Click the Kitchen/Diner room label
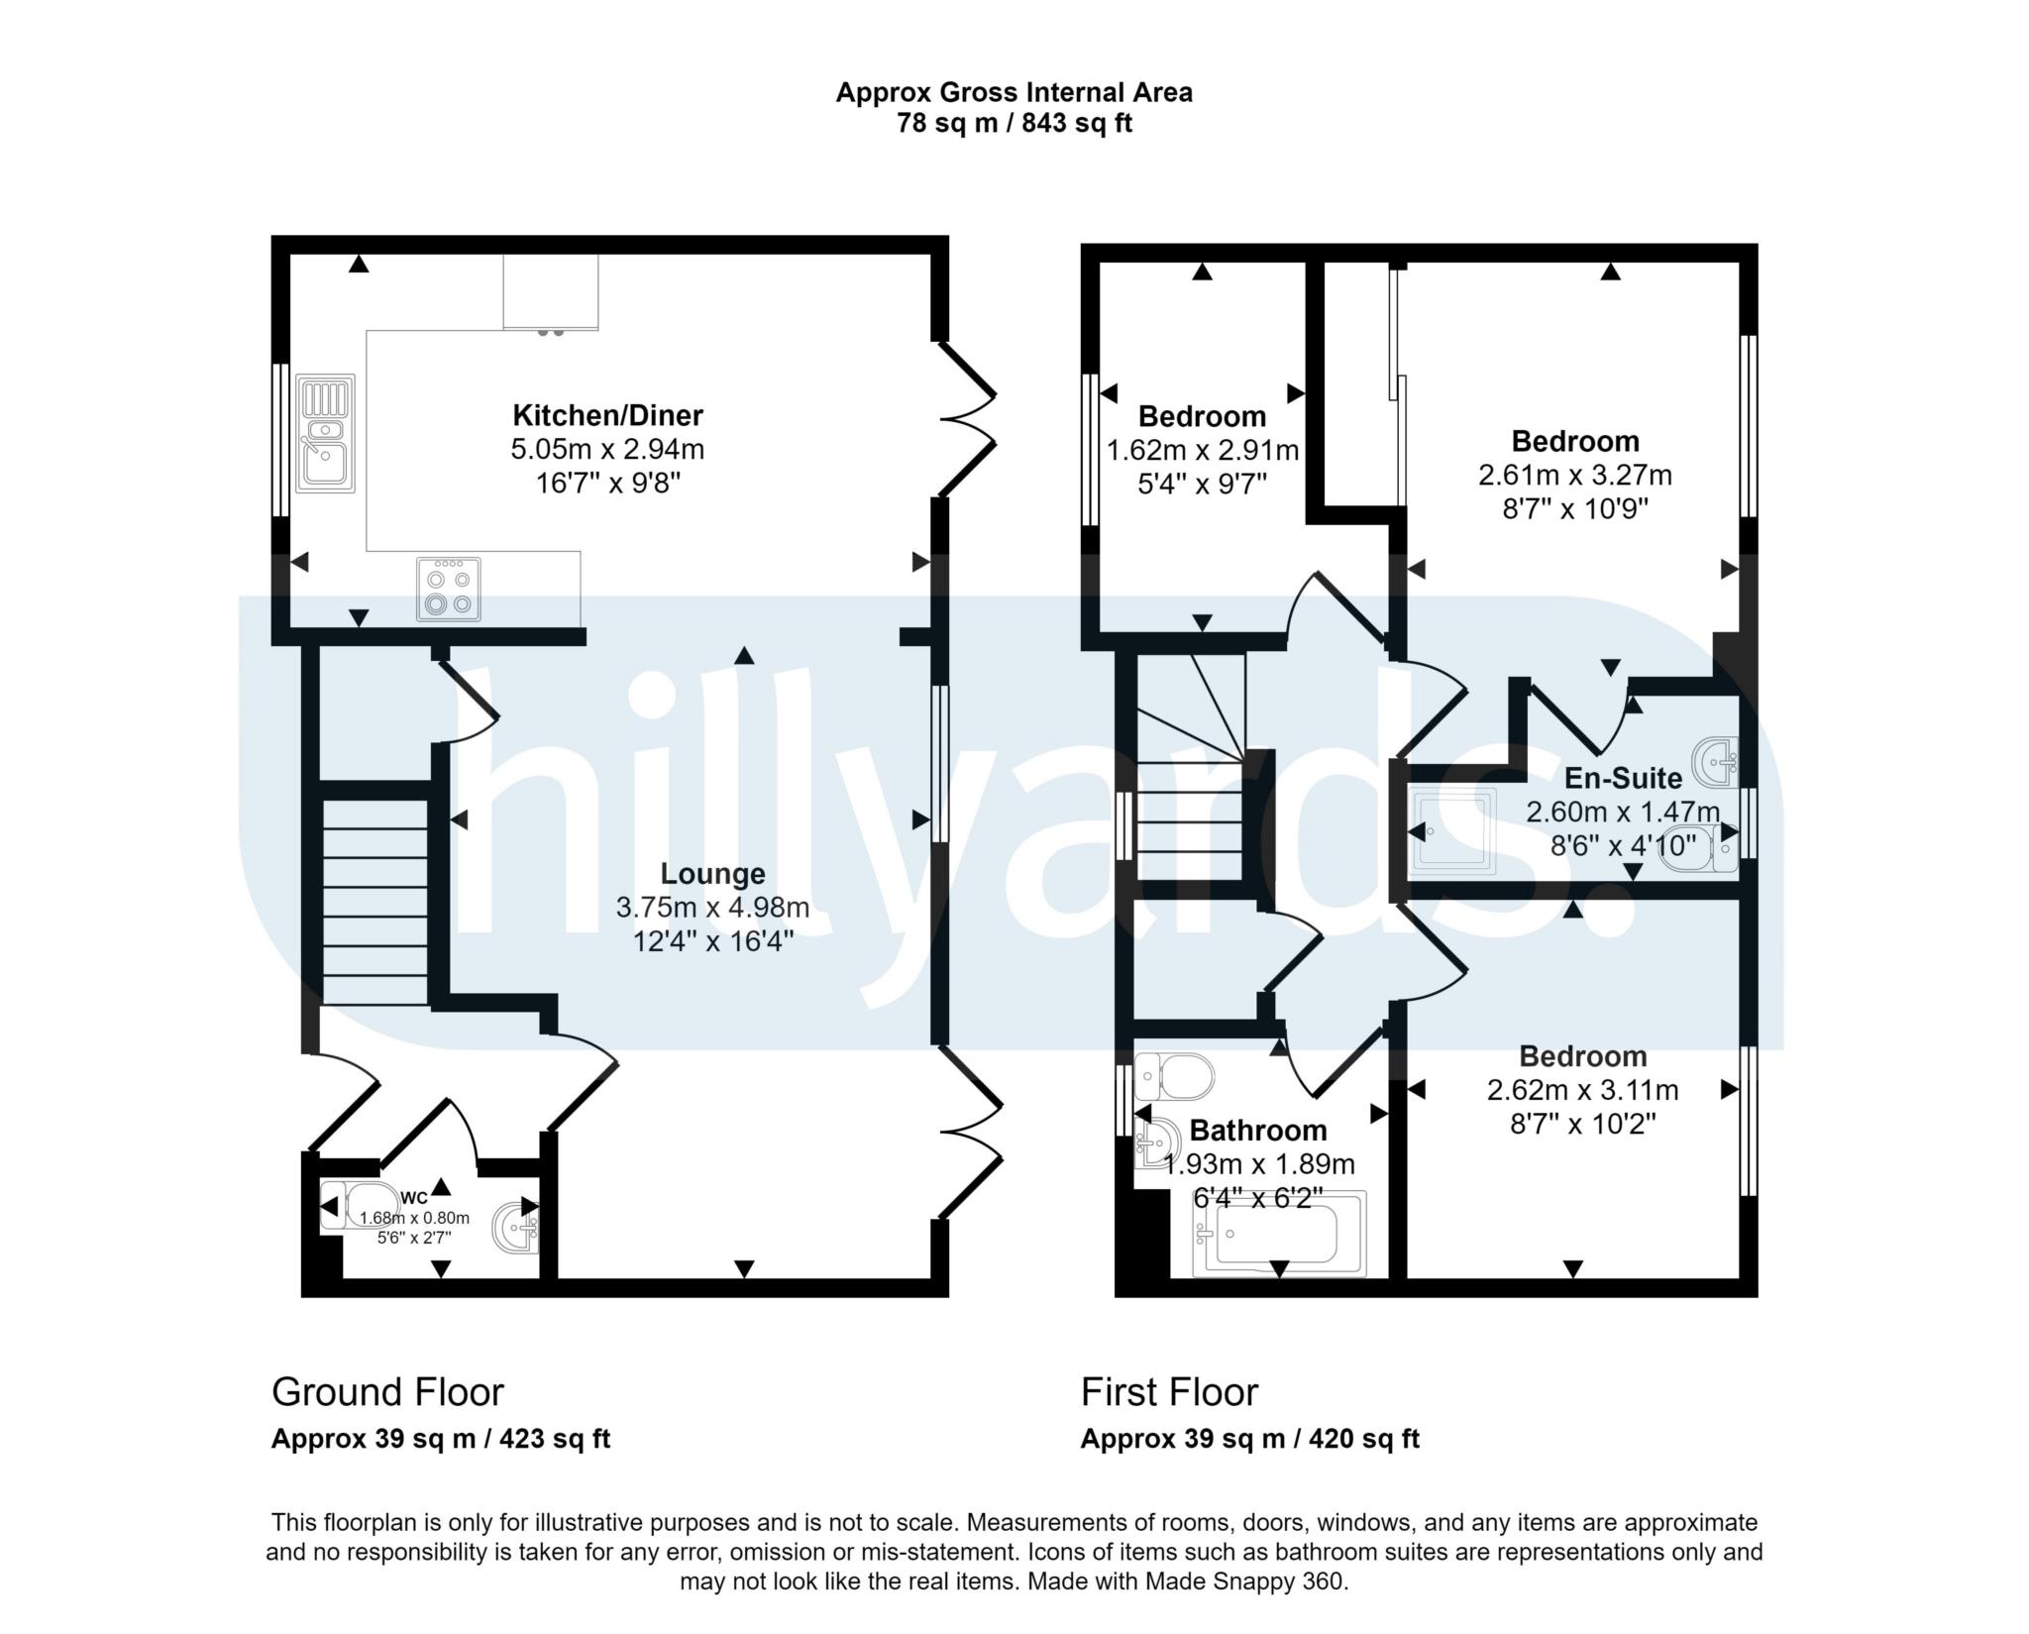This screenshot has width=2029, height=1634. pos(607,414)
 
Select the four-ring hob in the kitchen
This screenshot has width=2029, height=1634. pos(449,589)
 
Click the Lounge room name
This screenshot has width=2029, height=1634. pos(712,873)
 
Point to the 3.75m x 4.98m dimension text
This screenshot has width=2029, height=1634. pos(712,907)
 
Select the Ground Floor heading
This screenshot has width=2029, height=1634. pos(387,1391)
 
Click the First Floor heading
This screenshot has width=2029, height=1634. pos(1169,1391)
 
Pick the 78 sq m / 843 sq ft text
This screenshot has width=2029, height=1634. pos(1014,124)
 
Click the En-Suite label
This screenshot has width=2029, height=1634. pos(1622,778)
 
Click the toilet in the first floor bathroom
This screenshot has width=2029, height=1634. pos(1174,1075)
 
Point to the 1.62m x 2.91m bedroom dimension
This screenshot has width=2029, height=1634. pos(1202,451)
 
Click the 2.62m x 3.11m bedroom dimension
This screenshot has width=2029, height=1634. pos(1582,1090)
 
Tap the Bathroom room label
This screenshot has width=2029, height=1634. pos(1257,1130)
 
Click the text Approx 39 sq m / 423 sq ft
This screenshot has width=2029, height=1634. pos(441,1439)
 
